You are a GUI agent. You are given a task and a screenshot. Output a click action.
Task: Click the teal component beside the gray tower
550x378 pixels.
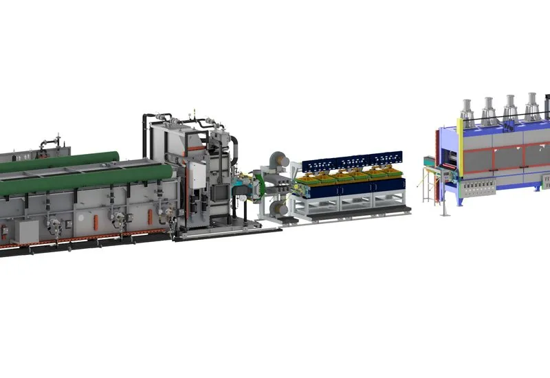click(241, 184)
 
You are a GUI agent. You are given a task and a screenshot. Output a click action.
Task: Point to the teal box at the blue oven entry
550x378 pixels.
click(430, 164)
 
